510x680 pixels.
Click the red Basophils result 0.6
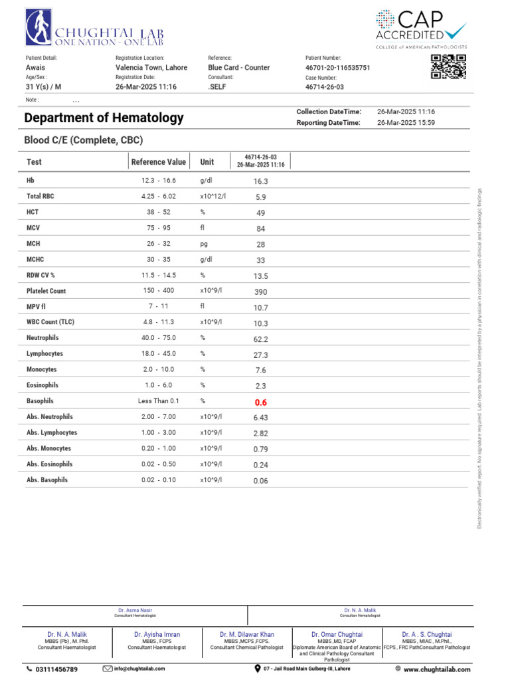pos(260,402)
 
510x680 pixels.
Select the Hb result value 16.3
pos(260,181)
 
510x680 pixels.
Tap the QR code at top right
pos(448,67)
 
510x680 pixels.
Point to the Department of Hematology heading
pos(104,118)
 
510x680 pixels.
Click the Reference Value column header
pos(159,162)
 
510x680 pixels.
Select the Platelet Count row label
pos(46,291)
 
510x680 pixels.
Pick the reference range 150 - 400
pos(158,291)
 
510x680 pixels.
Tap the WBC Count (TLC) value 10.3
pos(260,323)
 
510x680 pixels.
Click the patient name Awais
pos(36,68)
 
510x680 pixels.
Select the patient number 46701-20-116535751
pos(337,68)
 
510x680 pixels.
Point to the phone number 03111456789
pos(56,669)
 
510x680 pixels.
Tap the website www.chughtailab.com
pos(435,669)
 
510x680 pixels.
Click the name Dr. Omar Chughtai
pos(337,635)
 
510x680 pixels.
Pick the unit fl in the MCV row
pos(203,228)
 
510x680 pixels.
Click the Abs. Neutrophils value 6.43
pos(260,418)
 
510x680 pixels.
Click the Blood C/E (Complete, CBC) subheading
pos(84,140)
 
